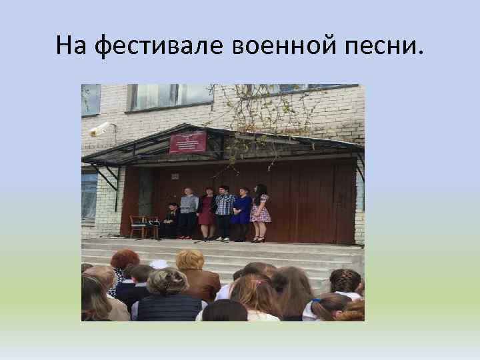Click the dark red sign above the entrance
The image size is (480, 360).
pyautogui.click(x=187, y=142)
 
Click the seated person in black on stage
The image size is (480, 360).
pyautogui.click(x=171, y=220)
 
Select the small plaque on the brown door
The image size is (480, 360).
pyautogui.click(x=175, y=175)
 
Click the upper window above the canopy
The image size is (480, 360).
pyautogui.click(x=169, y=97)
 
